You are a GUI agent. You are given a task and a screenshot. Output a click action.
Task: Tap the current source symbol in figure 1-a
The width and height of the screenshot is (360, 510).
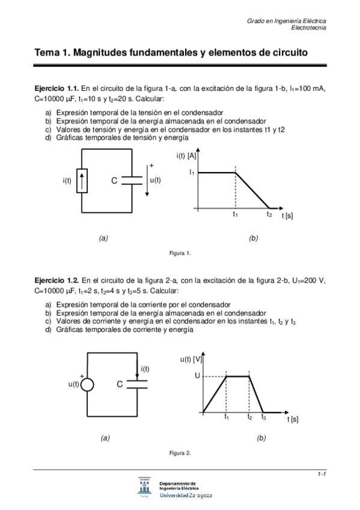tap(82, 181)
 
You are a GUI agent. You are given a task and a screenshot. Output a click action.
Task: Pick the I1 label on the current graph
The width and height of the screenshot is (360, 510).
tap(192, 173)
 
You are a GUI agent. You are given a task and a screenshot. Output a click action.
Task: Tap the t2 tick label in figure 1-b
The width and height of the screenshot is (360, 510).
tap(269, 214)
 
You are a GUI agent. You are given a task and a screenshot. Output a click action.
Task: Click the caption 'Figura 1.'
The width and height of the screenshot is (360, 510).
tap(180, 253)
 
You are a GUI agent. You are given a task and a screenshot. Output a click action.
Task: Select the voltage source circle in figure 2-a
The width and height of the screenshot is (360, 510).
tap(88, 384)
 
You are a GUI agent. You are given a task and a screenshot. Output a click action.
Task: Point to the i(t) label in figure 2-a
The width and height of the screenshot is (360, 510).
tap(145, 369)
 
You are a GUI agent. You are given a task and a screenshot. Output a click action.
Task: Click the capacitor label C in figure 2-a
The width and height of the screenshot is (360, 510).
tap(120, 384)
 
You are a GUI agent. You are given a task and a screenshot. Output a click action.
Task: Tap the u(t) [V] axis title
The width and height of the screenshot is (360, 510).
tap(191, 359)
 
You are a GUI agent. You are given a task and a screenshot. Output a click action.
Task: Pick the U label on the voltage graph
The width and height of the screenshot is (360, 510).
tap(197, 376)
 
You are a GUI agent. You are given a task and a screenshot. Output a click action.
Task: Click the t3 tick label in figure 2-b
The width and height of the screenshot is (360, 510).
tap(263, 417)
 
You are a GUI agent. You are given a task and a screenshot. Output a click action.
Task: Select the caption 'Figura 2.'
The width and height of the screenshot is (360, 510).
tap(180, 452)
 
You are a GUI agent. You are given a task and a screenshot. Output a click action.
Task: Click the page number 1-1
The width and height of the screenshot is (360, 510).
tap(322, 475)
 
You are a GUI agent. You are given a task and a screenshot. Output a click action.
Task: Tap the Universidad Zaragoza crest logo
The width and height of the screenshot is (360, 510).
tap(145, 488)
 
